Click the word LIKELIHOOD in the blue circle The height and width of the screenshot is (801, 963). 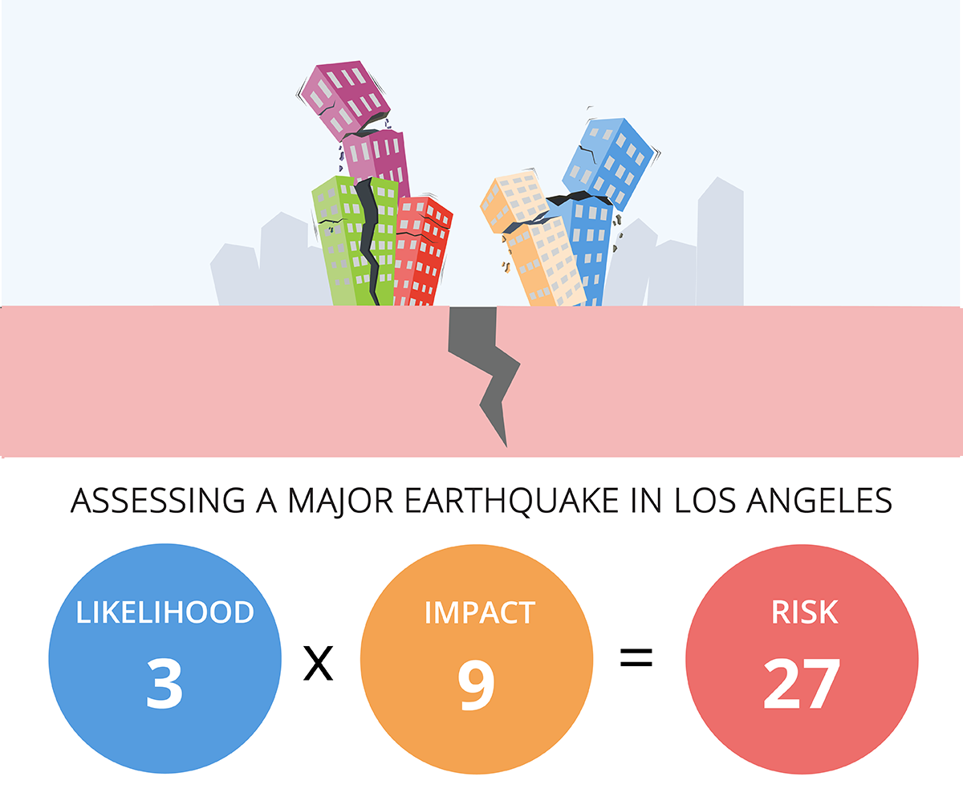165,612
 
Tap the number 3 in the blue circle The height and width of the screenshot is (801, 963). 165,682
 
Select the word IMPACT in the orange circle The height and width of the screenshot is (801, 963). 479,612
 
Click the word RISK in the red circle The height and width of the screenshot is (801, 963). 803,612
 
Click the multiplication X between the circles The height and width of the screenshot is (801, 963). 318,665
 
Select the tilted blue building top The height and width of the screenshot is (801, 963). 607,161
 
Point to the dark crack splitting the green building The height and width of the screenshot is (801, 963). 368,241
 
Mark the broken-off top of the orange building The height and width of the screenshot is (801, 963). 514,201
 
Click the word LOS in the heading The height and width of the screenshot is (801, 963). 704,500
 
